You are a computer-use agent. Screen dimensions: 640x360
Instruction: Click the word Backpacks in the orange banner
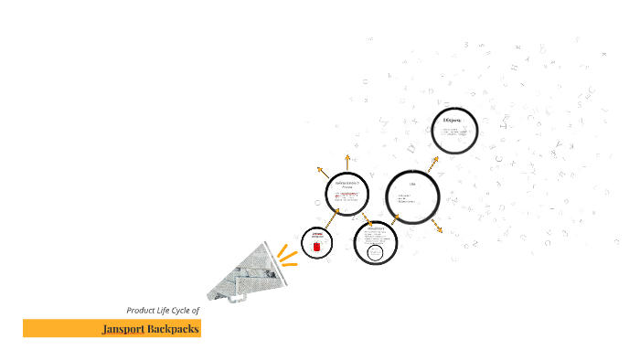(x=172, y=329)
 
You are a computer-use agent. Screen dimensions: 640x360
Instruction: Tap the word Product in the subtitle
(x=144, y=311)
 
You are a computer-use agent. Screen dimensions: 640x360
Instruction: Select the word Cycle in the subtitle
(x=183, y=311)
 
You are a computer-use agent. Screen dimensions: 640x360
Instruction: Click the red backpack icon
(x=317, y=246)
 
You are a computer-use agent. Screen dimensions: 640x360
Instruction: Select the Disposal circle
(x=455, y=132)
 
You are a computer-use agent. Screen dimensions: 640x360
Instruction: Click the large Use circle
(x=412, y=197)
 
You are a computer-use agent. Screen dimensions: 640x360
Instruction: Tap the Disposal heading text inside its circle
(x=451, y=121)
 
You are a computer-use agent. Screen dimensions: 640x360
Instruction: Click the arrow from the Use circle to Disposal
(x=436, y=163)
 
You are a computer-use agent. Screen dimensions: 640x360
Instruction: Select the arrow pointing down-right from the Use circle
(x=437, y=226)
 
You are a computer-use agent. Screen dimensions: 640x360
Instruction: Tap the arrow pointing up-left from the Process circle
(x=322, y=170)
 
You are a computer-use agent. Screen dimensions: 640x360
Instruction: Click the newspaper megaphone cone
(x=242, y=272)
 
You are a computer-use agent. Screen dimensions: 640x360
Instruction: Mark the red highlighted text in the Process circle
(x=347, y=194)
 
